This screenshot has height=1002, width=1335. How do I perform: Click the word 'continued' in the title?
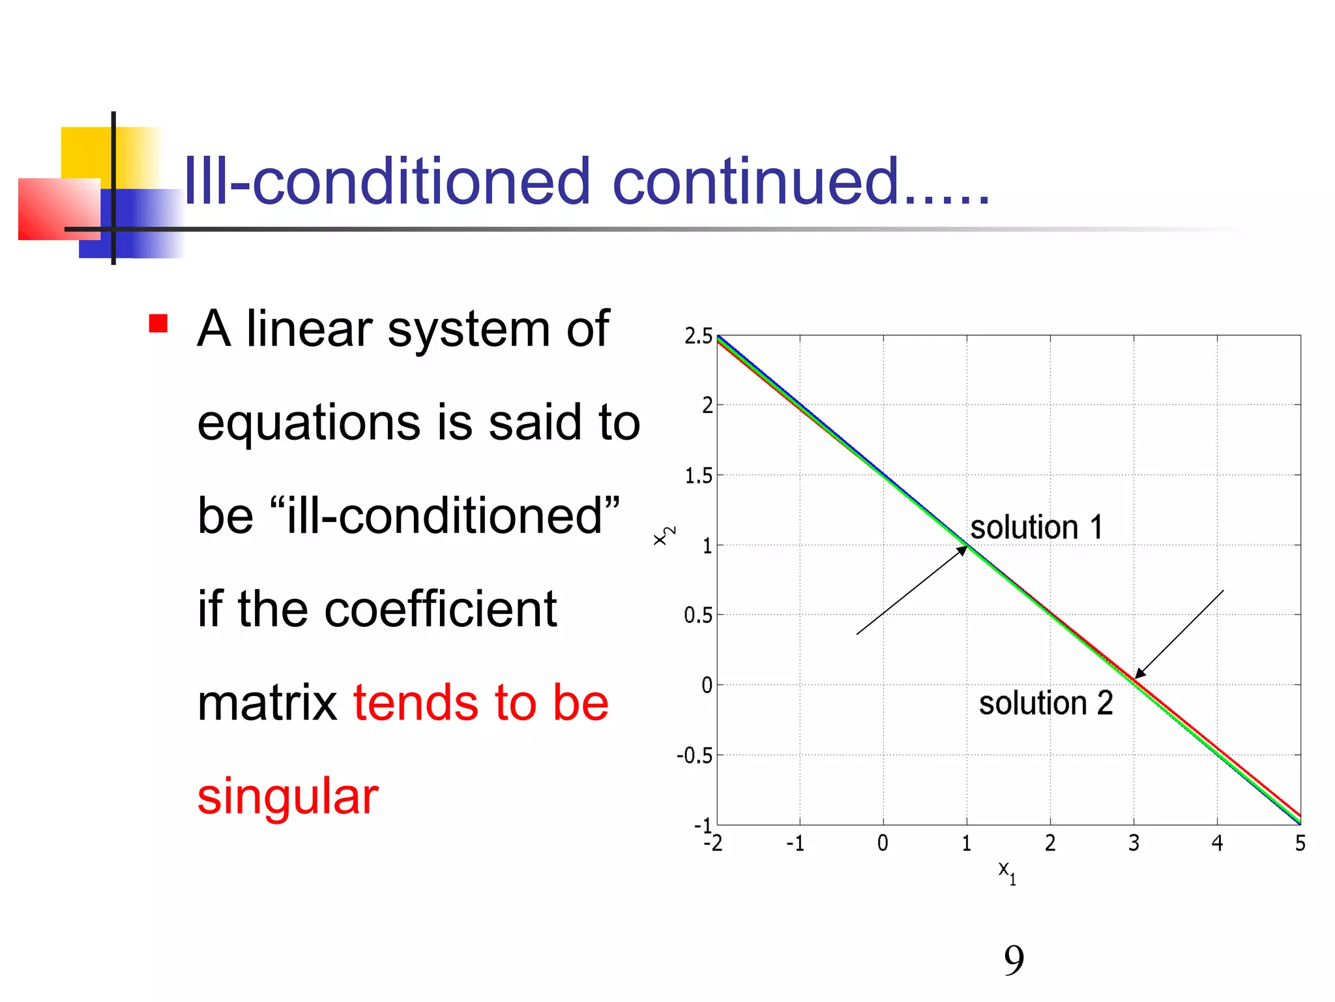click(756, 181)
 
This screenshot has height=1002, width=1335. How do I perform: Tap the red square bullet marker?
click(158, 324)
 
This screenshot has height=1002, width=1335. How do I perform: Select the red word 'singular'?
click(287, 797)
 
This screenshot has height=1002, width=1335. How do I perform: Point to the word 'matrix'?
click(267, 703)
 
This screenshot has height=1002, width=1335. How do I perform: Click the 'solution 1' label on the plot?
click(1036, 527)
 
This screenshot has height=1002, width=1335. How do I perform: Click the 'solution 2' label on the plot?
click(1046, 703)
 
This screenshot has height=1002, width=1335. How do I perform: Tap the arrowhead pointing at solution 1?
click(962, 551)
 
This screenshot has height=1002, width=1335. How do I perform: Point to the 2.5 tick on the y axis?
click(698, 337)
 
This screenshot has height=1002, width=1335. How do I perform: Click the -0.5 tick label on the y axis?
click(695, 756)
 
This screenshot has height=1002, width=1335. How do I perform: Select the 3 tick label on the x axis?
click(1134, 843)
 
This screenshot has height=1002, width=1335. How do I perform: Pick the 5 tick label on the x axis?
click(1300, 843)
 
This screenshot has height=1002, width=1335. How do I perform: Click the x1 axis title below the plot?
click(1006, 872)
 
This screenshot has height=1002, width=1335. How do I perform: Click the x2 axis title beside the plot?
click(664, 536)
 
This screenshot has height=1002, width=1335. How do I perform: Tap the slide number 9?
click(1014, 960)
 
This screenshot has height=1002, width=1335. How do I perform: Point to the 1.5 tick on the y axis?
click(698, 476)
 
